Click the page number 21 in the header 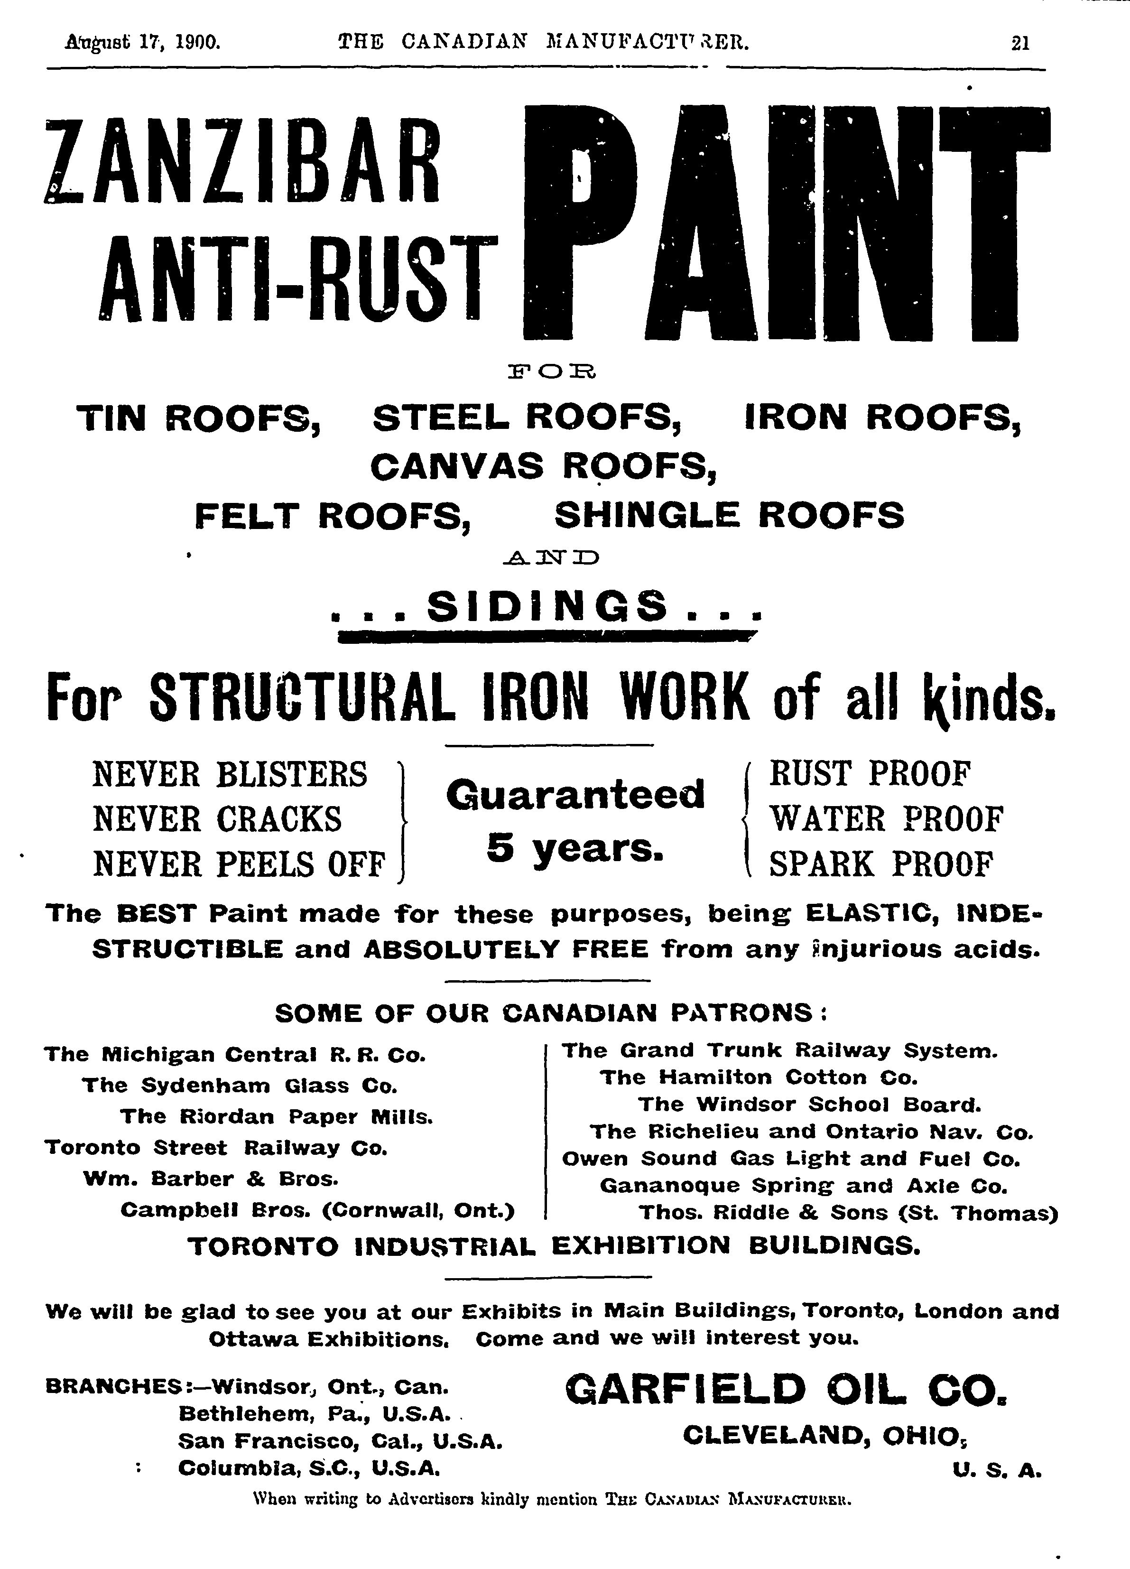pos(1020,44)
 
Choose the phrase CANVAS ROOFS pos(543,466)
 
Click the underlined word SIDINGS pos(547,607)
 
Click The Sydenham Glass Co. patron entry pos(240,1086)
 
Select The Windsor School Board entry pos(809,1104)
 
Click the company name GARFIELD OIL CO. pos(785,1391)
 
